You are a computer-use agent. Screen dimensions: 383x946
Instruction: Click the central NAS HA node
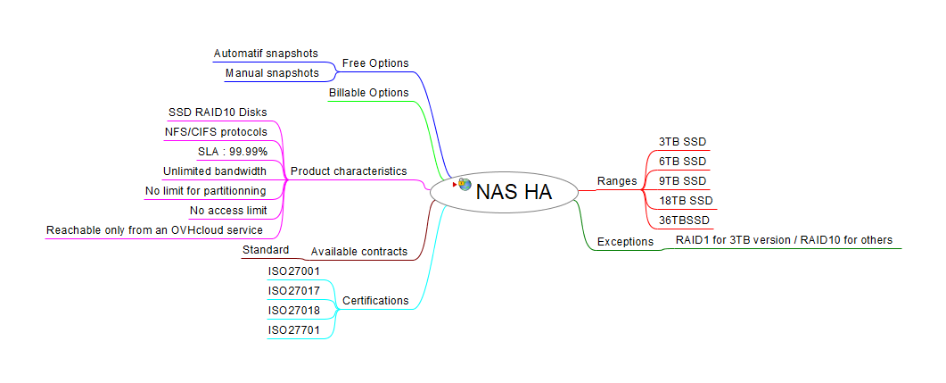[x=513, y=191]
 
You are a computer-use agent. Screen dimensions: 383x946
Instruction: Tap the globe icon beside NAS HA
[x=465, y=184]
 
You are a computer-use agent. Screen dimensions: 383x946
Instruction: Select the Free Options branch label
[x=375, y=63]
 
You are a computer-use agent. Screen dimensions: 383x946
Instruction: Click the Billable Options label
[x=368, y=93]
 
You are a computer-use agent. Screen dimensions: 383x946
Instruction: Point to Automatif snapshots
[x=266, y=54]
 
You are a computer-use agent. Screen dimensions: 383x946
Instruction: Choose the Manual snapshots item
[x=271, y=73]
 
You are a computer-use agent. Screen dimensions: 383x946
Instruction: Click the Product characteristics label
[x=349, y=171]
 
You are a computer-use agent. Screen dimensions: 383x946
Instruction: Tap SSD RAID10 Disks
[x=218, y=112]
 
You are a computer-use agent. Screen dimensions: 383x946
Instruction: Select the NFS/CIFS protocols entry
[x=216, y=132]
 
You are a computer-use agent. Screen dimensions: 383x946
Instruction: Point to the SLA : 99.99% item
[x=232, y=152]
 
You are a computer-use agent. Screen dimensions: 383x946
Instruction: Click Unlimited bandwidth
[x=215, y=171]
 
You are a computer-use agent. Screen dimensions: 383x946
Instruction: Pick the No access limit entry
[x=228, y=211]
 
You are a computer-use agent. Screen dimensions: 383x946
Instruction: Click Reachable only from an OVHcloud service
[x=154, y=230]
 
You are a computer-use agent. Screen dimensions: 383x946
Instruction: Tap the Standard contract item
[x=266, y=250]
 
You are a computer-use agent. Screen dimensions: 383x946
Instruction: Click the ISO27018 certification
[x=294, y=310]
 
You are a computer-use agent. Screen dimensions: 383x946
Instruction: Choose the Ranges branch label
[x=617, y=181]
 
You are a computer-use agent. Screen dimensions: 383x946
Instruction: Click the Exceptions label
[x=625, y=241]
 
